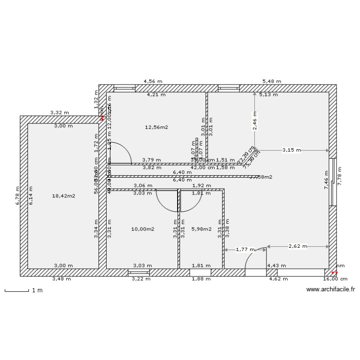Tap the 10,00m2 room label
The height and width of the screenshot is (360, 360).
click(143, 229)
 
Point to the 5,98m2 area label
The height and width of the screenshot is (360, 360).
click(201, 229)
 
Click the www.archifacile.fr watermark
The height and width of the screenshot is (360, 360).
click(330, 289)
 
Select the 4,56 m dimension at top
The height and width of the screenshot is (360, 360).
click(153, 82)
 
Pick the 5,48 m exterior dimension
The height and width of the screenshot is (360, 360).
click(272, 82)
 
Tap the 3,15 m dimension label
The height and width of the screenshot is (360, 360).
click(291, 150)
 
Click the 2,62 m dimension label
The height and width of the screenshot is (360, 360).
click(298, 246)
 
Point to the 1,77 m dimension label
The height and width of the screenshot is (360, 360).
click(245, 250)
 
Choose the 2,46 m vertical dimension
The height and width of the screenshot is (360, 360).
click(255, 121)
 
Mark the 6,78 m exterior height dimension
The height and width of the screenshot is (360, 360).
click(16, 196)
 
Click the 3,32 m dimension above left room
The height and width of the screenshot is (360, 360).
click(60, 113)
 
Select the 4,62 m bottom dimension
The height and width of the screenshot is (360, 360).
click(277, 278)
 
